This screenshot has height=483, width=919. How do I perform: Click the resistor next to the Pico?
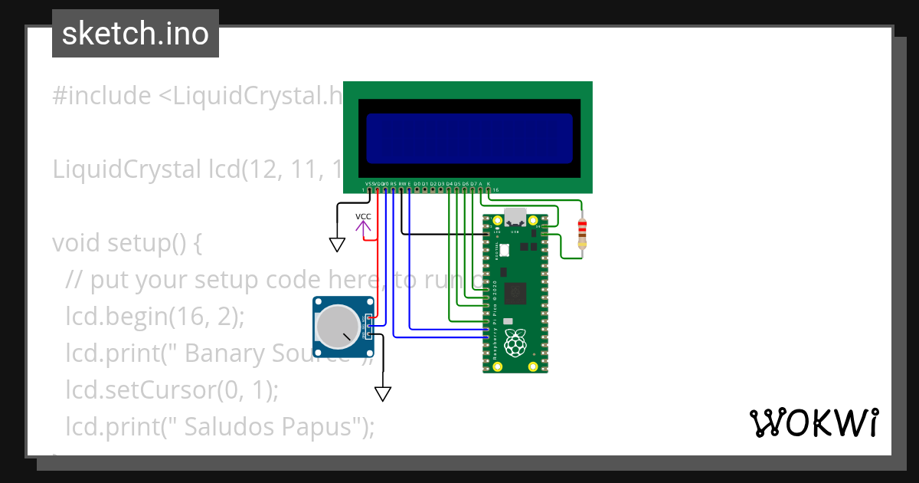pos(582,233)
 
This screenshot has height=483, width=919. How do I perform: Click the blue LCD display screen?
pos(469,138)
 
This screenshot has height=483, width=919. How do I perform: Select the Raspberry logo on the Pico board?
pos(515,343)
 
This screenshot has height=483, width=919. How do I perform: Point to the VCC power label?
pos(363,216)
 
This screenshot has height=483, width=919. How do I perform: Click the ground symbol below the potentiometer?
pos(383,394)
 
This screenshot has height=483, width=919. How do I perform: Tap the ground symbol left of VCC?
pos(337,245)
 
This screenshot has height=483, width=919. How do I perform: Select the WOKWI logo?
pos(813,423)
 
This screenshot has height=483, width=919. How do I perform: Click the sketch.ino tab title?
pos(136,34)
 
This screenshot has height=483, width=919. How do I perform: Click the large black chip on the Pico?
pos(517,292)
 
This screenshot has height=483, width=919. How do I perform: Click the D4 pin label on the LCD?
pos(449,184)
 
